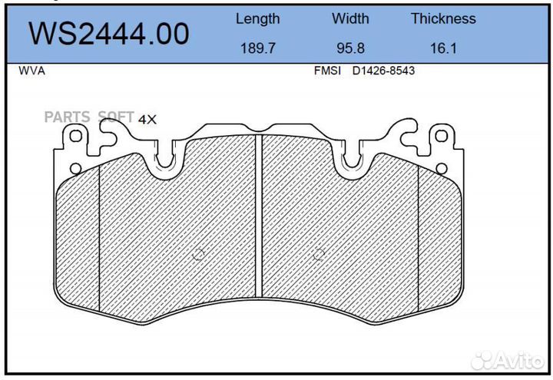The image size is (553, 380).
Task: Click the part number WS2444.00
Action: pyautogui.click(x=108, y=35)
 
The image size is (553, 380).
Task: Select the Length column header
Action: pyautogui.click(x=257, y=19)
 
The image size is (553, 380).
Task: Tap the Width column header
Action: pyautogui.click(x=350, y=19)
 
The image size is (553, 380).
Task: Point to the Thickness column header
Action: pyautogui.click(x=443, y=19)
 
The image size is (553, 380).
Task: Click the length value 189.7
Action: pyautogui.click(x=257, y=48)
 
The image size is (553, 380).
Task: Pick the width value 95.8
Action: pyautogui.click(x=350, y=48)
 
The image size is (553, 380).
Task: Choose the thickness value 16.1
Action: pyautogui.click(x=443, y=48)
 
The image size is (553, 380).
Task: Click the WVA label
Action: pyautogui.click(x=31, y=71)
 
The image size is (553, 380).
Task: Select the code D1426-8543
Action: pyautogui.click(x=384, y=71)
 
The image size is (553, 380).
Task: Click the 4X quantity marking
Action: pyautogui.click(x=147, y=119)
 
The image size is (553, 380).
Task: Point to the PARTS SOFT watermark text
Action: pyautogui.click(x=88, y=117)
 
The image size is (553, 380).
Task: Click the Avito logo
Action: pyautogui.click(x=507, y=359)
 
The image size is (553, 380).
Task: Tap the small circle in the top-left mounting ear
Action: pyautogui.click(x=76, y=136)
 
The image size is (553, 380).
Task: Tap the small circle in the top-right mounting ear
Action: pyautogui.click(x=441, y=136)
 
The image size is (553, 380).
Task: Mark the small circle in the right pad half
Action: pyautogui.click(x=320, y=256)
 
